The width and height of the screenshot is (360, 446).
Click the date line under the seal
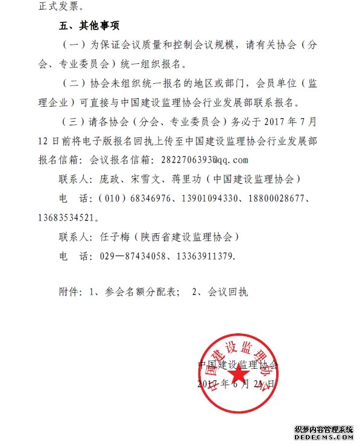[x=236, y=384]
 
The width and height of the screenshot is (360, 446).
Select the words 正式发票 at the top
[x=53, y=7]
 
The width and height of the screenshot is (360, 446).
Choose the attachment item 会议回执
[x=228, y=292]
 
